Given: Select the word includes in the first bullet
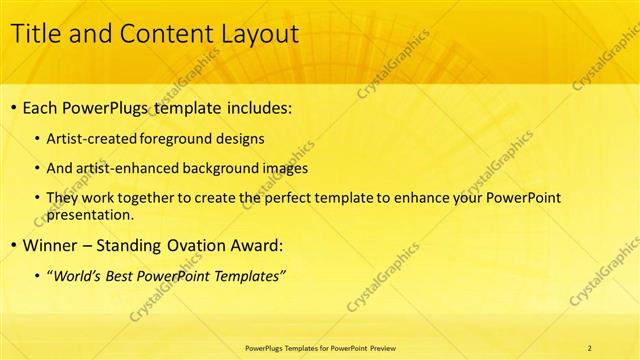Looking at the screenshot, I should click(258, 107).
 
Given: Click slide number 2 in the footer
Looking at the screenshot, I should click(589, 347).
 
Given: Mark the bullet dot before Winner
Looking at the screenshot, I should click(12, 246).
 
